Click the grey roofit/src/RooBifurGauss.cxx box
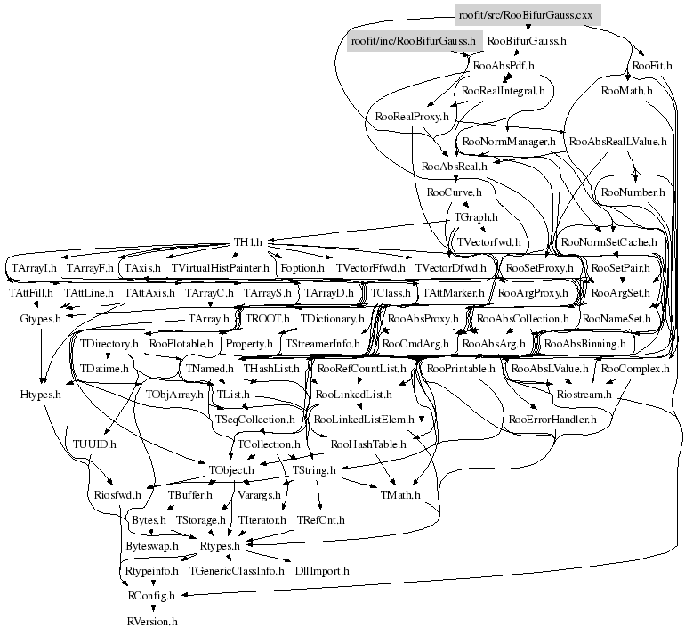[x=525, y=15]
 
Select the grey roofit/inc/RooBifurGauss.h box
[x=413, y=41]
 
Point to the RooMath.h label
[x=627, y=91]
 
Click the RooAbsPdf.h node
[x=504, y=66]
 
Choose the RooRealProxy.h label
[x=410, y=116]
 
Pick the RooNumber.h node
[x=633, y=192]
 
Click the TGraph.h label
[x=476, y=216]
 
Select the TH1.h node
[x=248, y=241]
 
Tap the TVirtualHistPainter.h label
[x=221, y=267]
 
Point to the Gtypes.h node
[x=40, y=317]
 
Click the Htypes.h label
[x=40, y=393]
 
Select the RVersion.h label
[x=152, y=620]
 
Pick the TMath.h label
[x=400, y=494]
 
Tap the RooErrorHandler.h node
[x=552, y=418]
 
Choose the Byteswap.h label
[x=151, y=544]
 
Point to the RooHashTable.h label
[x=368, y=443]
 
